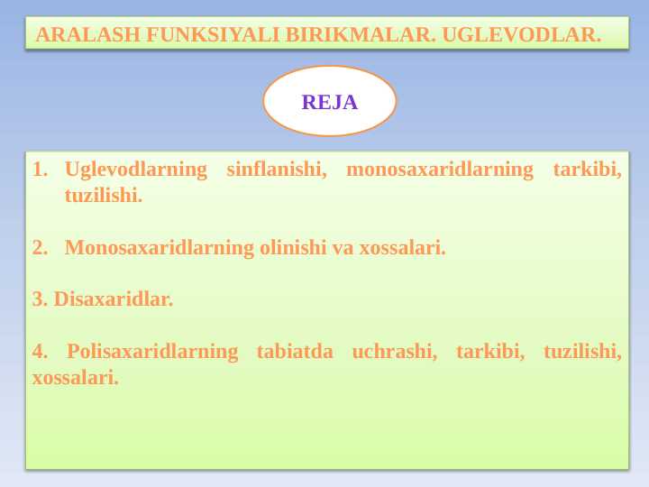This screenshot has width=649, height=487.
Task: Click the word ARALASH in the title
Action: pos(87,34)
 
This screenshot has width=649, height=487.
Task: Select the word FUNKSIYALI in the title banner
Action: pos(213,34)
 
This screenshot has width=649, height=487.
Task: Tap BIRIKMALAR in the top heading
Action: pos(361,34)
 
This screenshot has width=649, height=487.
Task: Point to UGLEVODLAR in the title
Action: pos(522,34)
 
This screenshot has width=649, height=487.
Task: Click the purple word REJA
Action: pos(330,102)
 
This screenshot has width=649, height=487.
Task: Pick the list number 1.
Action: pos(40,170)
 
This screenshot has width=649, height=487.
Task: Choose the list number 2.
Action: pos(40,248)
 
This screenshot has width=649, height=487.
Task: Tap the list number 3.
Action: pos(40,299)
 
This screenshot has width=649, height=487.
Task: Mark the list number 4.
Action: pos(40,351)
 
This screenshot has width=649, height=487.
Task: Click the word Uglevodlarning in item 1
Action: pos(136,170)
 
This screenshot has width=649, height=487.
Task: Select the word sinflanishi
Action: pos(277,170)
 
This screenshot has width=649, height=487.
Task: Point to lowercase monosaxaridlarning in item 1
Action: pos(440,170)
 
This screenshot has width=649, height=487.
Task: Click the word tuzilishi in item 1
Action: pos(104,195)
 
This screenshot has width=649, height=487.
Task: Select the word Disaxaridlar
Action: pos(114,299)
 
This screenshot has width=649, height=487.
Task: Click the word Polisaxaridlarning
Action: pos(152,352)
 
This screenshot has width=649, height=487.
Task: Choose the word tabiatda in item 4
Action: pos(295,351)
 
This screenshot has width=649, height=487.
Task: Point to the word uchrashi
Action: pos(395,351)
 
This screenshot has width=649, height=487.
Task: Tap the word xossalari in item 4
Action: pos(76,378)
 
